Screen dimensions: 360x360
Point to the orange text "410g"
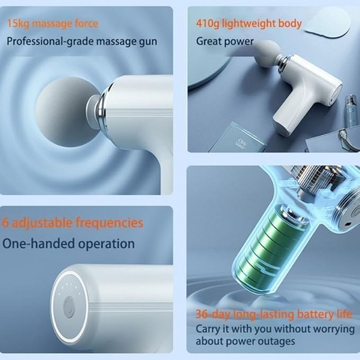[207, 24]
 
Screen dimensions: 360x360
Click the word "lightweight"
[247, 24]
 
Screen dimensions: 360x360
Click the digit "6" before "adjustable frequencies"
[5, 223]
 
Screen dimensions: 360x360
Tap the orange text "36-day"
[212, 314]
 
